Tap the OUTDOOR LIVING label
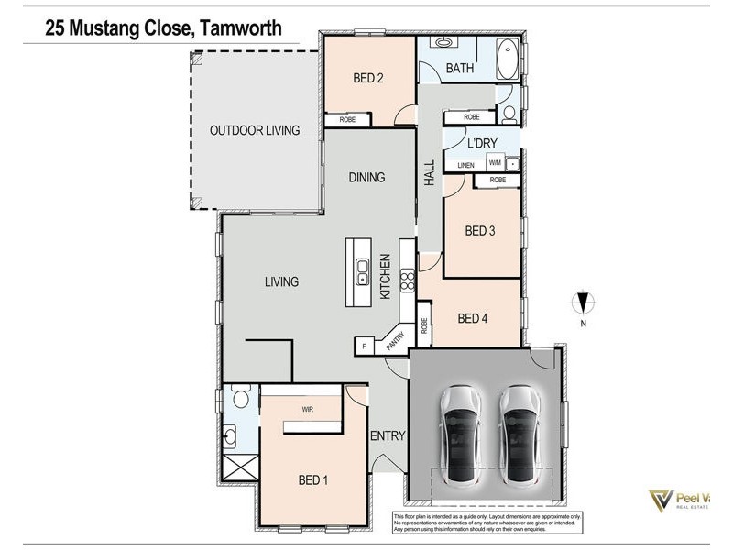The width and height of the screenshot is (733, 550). tap(255, 130)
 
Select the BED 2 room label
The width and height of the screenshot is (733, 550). tap(367, 78)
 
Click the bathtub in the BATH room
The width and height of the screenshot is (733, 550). tap(507, 61)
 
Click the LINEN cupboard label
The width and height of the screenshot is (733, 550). tap(466, 164)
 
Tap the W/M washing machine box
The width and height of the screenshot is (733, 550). tap(495, 163)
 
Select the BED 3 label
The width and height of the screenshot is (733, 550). tap(479, 231)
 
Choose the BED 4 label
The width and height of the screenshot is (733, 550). tap(472, 318)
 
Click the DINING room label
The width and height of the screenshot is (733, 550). tap(366, 177)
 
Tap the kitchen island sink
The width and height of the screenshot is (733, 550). tap(363, 271)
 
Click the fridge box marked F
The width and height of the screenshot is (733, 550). tap(364, 346)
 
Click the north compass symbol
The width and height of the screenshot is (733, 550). tap(583, 302)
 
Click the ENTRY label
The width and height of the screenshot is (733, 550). tap(388, 436)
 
